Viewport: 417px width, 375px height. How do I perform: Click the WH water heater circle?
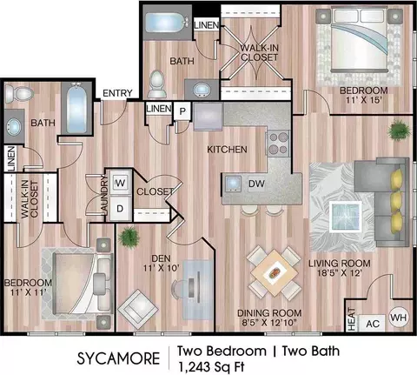[x=399, y=318]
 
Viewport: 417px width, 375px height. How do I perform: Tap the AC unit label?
[x=373, y=324]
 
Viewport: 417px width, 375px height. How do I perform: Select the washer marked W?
[x=120, y=183]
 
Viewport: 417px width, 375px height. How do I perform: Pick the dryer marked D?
[x=120, y=209]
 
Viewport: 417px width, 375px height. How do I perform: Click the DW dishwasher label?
[x=256, y=184]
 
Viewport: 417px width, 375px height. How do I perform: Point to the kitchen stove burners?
[x=278, y=144]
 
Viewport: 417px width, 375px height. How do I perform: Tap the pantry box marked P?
[x=182, y=110]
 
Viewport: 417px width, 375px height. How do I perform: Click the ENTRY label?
[x=117, y=93]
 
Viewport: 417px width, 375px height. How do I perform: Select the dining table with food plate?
[x=274, y=272]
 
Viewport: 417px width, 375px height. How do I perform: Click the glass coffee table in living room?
[x=346, y=217]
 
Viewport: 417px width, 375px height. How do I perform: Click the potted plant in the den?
[x=129, y=238]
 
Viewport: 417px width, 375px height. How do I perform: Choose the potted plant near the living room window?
[x=400, y=130]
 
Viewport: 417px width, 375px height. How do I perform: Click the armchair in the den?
[x=138, y=310]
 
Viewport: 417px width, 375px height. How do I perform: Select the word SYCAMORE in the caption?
[x=118, y=358]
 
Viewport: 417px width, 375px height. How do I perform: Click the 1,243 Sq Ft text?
[x=211, y=367]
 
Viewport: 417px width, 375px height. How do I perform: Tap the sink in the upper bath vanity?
[x=202, y=88]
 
